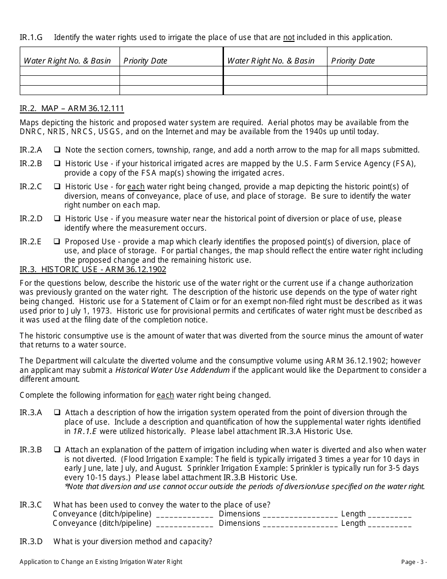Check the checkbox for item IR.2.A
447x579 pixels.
tap(56, 150)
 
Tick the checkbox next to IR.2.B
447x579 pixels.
tap(56, 163)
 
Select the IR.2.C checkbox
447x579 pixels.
tap(56, 186)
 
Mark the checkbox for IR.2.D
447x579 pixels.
tap(56, 218)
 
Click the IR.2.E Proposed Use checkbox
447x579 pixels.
tap(56, 241)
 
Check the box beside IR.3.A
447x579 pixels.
tap(56, 412)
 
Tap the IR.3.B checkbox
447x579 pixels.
tap(56, 450)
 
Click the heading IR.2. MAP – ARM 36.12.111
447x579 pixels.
tap(72, 109)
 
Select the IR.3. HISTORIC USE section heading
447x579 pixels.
tap(93, 270)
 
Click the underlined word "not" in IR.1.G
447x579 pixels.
tap(288, 38)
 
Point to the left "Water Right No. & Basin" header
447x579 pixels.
tap(67, 61)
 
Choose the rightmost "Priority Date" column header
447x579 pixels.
tap(353, 61)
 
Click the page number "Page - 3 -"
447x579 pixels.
tap(414, 562)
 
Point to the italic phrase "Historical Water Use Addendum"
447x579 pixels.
tap(173, 370)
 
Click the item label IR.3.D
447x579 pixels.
tap(31, 542)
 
